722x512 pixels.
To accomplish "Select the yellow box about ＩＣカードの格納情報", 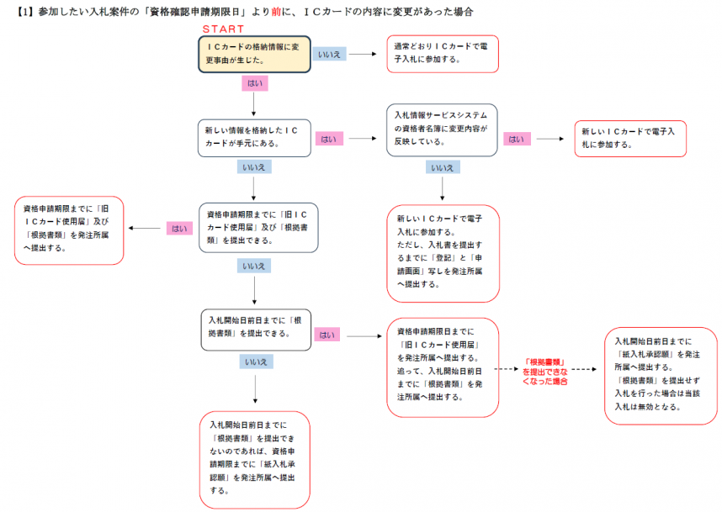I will [x=254, y=53].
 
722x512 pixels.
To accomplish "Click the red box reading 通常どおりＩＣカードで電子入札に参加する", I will [x=443, y=53].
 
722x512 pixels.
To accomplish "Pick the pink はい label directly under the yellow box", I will [x=254, y=83].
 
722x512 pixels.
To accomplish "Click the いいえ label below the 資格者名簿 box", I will [x=443, y=167].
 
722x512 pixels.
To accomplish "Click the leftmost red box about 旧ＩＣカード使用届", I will [x=70, y=229].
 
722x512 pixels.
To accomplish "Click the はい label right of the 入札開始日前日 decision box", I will [x=326, y=335].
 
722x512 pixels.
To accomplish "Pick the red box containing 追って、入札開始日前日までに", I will [x=443, y=367].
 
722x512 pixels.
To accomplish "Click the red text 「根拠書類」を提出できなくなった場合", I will [x=544, y=370].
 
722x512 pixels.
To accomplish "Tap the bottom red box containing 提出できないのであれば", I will [x=254, y=458].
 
